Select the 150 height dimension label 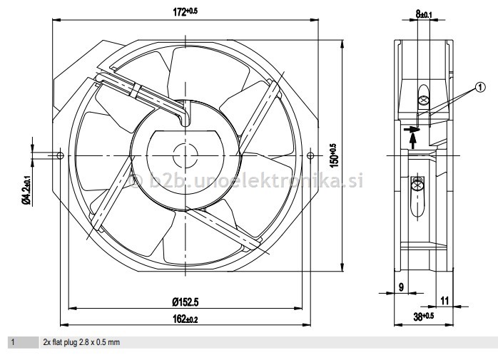pyautogui.click(x=332, y=156)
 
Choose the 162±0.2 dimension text pyautogui.click(x=184, y=319)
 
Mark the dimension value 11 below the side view pyautogui.click(x=444, y=300)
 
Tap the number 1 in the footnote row pyautogui.click(x=12, y=343)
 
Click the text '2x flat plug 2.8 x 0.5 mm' pyautogui.click(x=81, y=343)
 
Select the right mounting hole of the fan pyautogui.click(x=310, y=155)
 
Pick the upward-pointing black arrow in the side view pyautogui.click(x=414, y=140)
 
